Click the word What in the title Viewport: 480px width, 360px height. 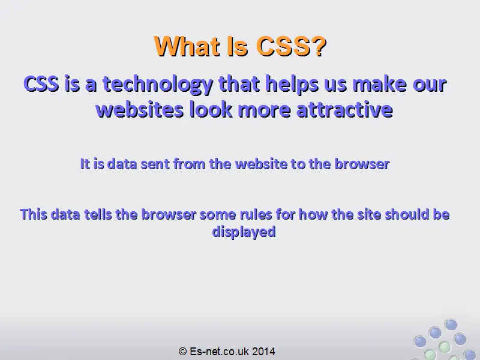pyautogui.click(x=187, y=47)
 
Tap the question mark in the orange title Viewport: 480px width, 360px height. pyautogui.click(x=320, y=47)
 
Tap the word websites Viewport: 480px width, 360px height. pyautogui.click(x=140, y=110)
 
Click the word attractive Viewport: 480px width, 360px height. pyautogui.click(x=344, y=110)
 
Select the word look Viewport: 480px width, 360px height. pyautogui.click(x=211, y=110)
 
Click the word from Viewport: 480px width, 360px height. pyautogui.click(x=190, y=164)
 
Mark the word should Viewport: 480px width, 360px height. pyautogui.click(x=407, y=214)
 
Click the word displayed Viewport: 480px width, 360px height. pyautogui.click(x=244, y=232)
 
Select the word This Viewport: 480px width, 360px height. pyautogui.click(x=34, y=214)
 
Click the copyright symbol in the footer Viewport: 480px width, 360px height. pyautogui.click(x=182, y=351)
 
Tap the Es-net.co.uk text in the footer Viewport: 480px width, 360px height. pyautogui.click(x=219, y=351)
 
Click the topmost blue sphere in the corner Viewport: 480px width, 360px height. pyautogui.click(x=451, y=325)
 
